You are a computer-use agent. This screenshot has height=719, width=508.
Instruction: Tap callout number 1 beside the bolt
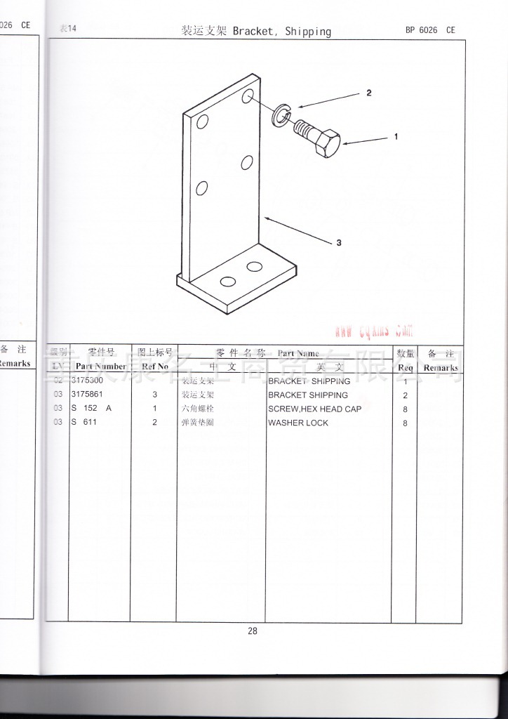click(396, 137)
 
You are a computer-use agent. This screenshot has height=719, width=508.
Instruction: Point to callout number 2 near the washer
click(368, 93)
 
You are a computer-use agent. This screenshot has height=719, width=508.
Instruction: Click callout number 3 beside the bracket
click(339, 243)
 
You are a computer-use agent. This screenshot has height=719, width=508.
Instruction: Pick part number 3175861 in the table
click(87, 395)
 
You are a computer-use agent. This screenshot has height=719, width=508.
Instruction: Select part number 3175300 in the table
click(87, 381)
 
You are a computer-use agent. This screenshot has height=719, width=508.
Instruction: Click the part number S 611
click(83, 422)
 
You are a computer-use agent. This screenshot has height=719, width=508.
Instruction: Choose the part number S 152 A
click(91, 408)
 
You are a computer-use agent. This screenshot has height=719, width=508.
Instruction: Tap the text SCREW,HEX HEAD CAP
click(314, 409)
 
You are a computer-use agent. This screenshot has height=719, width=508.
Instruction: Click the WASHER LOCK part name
click(298, 423)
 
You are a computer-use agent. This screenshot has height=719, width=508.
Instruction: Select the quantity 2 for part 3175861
click(406, 396)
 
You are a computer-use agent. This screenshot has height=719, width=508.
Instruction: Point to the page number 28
click(253, 631)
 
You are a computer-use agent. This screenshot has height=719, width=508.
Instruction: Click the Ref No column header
click(154, 367)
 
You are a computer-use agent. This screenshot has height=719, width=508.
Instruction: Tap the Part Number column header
click(100, 367)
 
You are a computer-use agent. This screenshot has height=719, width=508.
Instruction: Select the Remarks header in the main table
click(441, 367)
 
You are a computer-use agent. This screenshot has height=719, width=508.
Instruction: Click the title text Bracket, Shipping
click(281, 32)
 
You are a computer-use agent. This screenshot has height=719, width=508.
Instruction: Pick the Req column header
click(406, 367)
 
